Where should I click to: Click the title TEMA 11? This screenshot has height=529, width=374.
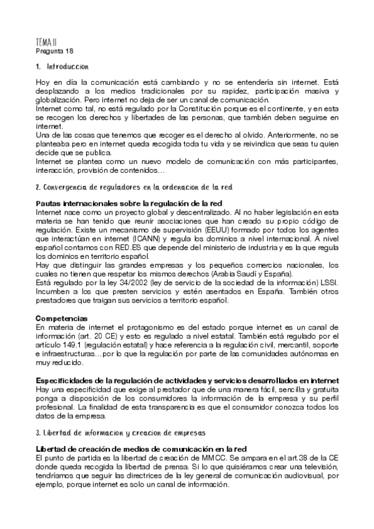coord(47,42)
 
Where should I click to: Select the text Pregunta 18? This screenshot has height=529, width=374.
coord(55,51)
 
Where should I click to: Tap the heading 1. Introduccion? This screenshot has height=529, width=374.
coord(62,67)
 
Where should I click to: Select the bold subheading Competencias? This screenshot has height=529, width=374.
coord(61,318)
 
